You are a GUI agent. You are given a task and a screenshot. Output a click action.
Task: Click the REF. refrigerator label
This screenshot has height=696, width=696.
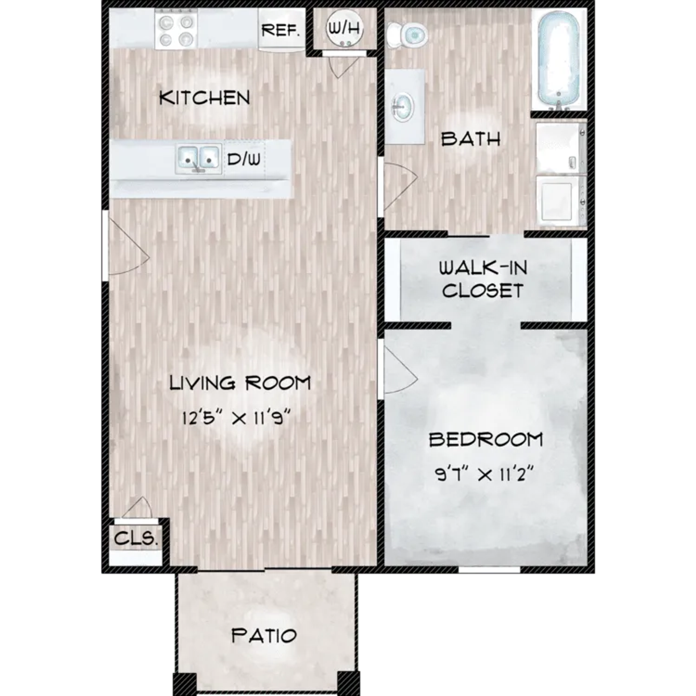tap(281, 30)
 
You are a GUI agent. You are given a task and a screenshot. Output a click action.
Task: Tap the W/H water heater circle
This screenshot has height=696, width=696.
tap(344, 28)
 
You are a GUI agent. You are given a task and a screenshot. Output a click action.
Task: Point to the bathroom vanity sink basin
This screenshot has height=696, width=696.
tap(402, 107)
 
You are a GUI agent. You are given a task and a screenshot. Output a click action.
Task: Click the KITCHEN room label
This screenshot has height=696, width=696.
tap(205, 98)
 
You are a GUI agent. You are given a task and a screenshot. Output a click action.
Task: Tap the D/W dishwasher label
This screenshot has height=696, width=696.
tap(244, 159)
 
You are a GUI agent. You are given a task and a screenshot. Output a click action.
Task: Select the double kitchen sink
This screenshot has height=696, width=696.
tap(199, 159)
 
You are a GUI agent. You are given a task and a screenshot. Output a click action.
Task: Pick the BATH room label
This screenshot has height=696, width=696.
tap(471, 139)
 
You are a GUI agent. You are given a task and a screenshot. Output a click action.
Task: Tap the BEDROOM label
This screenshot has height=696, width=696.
tap(486, 440)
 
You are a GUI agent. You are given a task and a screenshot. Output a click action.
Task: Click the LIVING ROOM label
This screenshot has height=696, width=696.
tap(240, 383)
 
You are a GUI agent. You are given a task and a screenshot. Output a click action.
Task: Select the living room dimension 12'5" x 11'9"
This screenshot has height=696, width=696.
tap(236, 419)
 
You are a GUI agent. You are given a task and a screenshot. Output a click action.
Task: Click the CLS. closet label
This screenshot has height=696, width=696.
tap(136, 539)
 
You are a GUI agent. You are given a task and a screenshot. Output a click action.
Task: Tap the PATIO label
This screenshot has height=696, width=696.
tap(264, 635)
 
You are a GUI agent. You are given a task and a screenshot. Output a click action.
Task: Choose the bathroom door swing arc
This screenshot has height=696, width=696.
tap(401, 185)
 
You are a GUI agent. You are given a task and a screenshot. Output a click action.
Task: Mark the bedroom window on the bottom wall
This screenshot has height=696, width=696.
tap(489, 570)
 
